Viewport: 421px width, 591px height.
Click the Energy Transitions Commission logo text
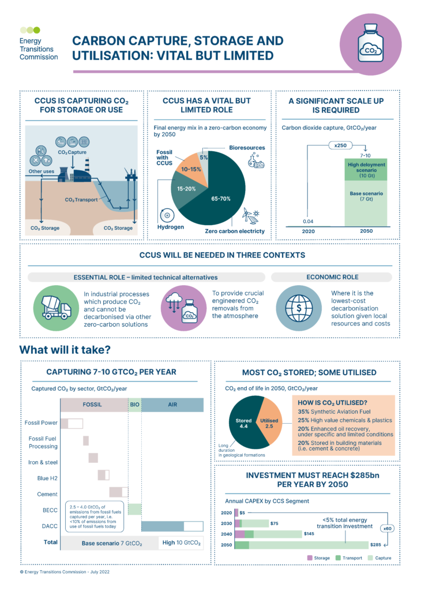point(38,49)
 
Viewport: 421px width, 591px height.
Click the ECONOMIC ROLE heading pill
point(332,277)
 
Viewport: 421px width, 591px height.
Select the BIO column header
point(134,405)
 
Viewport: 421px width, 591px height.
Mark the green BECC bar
point(134,509)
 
